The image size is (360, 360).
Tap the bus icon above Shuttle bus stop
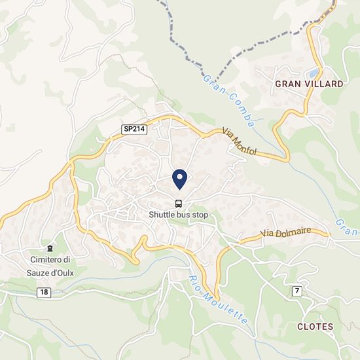(x=179, y=203)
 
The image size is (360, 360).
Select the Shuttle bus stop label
(x=179, y=214)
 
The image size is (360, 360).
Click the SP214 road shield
(x=134, y=129)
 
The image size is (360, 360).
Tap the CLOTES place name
(x=315, y=326)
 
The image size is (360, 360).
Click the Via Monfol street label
(x=240, y=141)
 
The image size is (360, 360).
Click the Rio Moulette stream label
(x=215, y=297)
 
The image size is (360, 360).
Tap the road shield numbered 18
(x=44, y=292)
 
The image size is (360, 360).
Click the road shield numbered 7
(x=297, y=291)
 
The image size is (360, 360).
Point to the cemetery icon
(x=50, y=249)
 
